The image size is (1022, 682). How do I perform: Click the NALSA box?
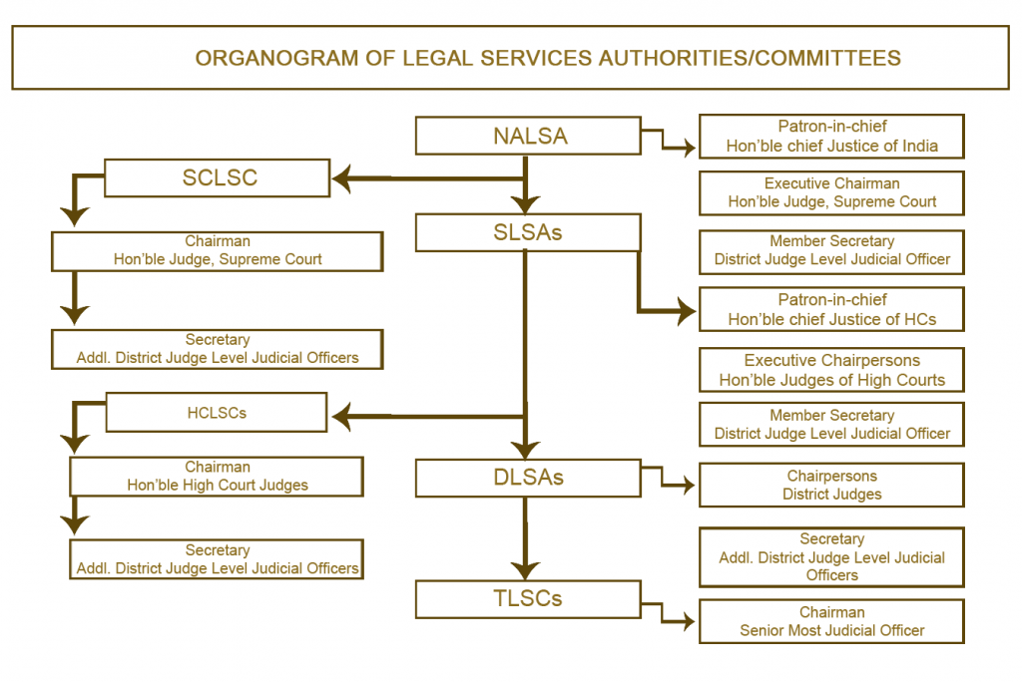click(x=528, y=137)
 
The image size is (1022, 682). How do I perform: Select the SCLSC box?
click(x=218, y=178)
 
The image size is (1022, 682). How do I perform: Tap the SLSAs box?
click(x=528, y=232)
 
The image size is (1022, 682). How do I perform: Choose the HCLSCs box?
click(x=216, y=412)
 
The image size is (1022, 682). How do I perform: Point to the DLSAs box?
click(x=528, y=478)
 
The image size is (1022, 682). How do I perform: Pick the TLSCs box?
click(x=528, y=598)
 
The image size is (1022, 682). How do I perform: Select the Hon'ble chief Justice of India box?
click(x=831, y=137)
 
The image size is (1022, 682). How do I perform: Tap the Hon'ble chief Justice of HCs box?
click(x=831, y=310)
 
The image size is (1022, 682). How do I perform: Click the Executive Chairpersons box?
click(x=831, y=370)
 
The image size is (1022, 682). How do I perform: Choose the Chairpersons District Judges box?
click(x=831, y=485)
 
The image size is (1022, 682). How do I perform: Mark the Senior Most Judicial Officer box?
click(x=831, y=621)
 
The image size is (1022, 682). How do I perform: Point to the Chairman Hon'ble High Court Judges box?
click(x=217, y=477)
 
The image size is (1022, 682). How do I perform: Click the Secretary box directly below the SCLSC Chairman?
click(x=217, y=349)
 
